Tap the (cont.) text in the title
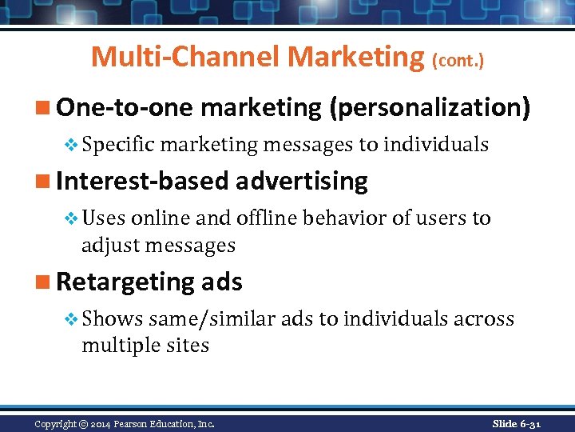458,59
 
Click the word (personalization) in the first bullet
429,108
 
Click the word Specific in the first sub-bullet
120,144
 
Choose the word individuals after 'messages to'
436,144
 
